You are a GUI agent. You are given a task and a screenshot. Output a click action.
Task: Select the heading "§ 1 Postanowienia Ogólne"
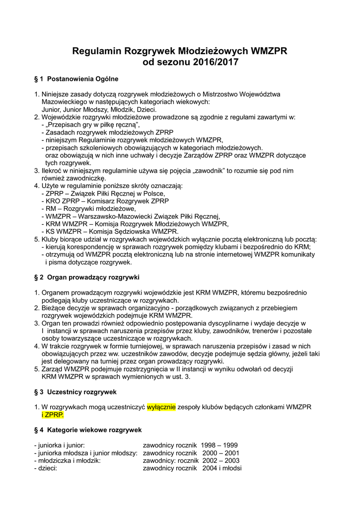(76, 78)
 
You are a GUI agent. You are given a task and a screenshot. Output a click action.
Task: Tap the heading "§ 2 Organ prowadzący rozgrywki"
(86, 276)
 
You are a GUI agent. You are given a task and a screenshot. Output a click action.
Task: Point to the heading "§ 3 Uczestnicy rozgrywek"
(75, 391)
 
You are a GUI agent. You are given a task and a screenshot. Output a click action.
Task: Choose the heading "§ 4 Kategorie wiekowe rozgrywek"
(88, 429)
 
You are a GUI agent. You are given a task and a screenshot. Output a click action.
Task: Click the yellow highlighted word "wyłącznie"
(161, 407)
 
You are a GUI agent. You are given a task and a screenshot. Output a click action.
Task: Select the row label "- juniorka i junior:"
(60, 445)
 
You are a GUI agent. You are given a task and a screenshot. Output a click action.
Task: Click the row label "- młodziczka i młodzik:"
(68, 460)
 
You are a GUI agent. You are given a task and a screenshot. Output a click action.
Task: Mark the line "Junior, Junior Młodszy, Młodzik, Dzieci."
(99, 109)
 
